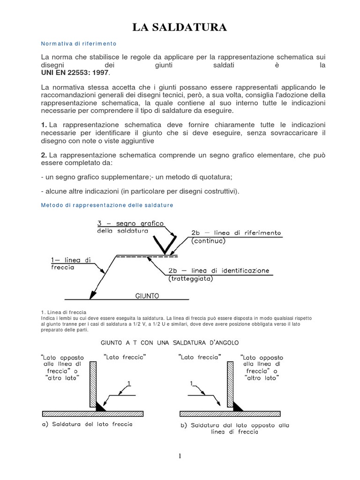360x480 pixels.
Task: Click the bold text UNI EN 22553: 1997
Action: (75, 73)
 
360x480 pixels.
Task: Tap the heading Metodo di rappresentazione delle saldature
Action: (107, 205)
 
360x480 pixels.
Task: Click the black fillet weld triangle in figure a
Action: (100, 407)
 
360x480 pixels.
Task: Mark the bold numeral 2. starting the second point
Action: (44, 155)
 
